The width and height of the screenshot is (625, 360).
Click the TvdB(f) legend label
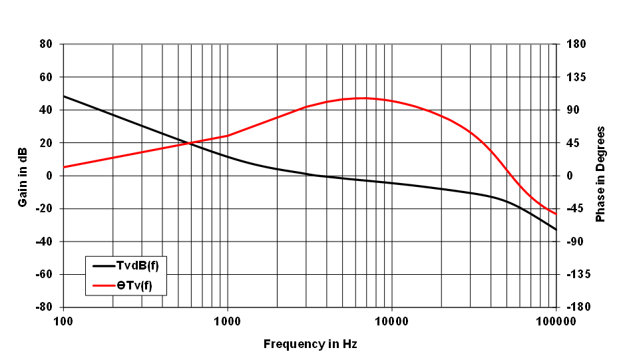click(x=138, y=266)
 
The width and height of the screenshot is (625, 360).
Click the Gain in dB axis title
click(x=23, y=176)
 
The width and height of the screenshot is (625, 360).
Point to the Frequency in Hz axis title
click(x=310, y=344)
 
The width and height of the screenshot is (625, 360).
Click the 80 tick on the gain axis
click(x=46, y=45)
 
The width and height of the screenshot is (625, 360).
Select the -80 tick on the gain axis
click(x=44, y=307)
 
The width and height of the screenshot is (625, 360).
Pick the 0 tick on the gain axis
click(x=49, y=176)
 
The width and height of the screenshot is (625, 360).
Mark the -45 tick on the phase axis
click(x=574, y=209)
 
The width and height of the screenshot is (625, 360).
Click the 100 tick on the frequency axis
click(x=63, y=321)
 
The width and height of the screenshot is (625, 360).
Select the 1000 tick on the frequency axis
click(x=228, y=321)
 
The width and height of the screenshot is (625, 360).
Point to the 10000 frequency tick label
click(x=391, y=321)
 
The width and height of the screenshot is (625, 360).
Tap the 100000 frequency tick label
click(x=555, y=321)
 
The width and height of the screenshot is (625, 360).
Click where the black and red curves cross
click(x=190, y=143)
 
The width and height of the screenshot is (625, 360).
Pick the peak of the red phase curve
click(x=363, y=98)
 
